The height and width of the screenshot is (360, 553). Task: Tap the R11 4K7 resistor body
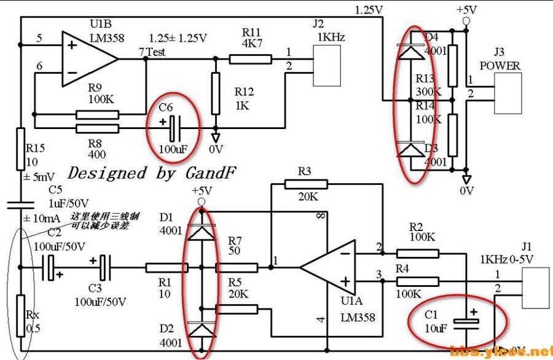(x=250, y=59)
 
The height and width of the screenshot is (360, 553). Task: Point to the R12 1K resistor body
(x=215, y=93)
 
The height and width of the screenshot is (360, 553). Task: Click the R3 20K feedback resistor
(x=305, y=184)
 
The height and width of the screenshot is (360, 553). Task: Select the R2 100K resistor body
(x=418, y=252)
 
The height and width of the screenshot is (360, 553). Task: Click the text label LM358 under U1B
(x=108, y=38)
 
